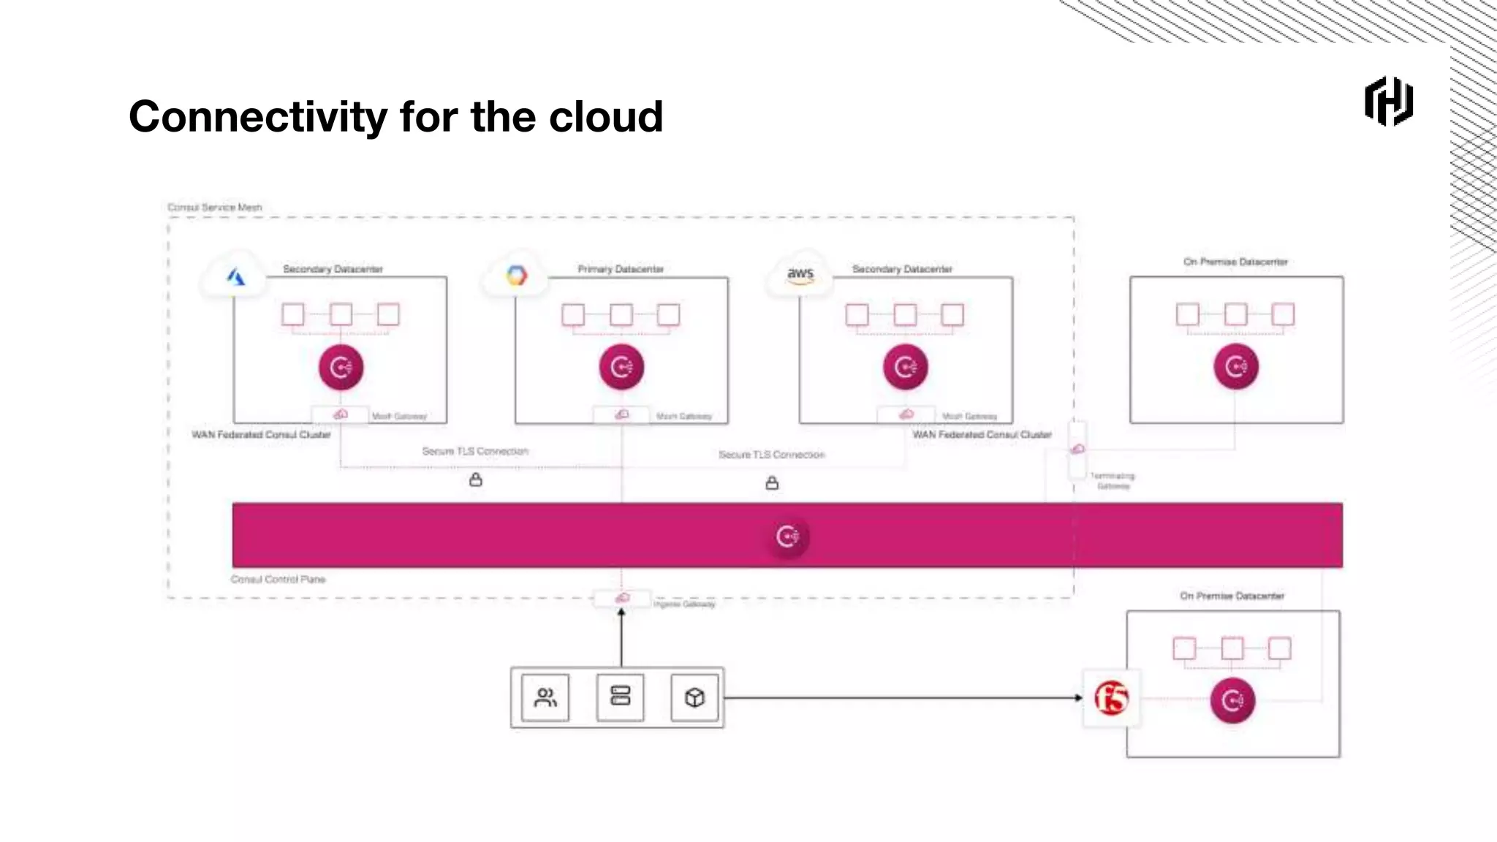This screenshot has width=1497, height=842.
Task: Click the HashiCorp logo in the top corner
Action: (1388, 102)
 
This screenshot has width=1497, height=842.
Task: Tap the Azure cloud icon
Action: (235, 277)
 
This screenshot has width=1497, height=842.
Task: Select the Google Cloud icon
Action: (516, 276)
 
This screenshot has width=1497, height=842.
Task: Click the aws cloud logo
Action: (800, 275)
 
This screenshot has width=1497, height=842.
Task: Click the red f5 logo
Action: (1111, 698)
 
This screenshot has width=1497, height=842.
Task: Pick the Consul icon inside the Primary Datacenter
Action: (621, 367)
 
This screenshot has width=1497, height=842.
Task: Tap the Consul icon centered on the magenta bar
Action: (787, 537)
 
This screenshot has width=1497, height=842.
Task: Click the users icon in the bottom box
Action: (545, 698)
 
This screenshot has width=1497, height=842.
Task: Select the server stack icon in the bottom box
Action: (620, 696)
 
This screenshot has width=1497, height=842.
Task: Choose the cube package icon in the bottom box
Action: (694, 698)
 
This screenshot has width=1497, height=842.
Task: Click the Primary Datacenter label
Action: (621, 269)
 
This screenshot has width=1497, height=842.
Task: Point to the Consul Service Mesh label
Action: (214, 208)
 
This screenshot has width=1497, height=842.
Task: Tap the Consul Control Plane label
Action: (278, 580)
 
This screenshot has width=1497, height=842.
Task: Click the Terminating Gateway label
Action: (1113, 481)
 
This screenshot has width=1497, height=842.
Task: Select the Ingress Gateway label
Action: (684, 604)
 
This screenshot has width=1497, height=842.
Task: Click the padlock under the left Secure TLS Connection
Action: (476, 480)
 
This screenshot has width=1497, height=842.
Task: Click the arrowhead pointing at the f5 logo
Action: (1078, 698)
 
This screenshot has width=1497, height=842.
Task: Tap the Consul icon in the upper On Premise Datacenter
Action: (1235, 367)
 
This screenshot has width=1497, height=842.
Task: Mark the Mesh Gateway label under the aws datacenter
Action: (969, 417)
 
